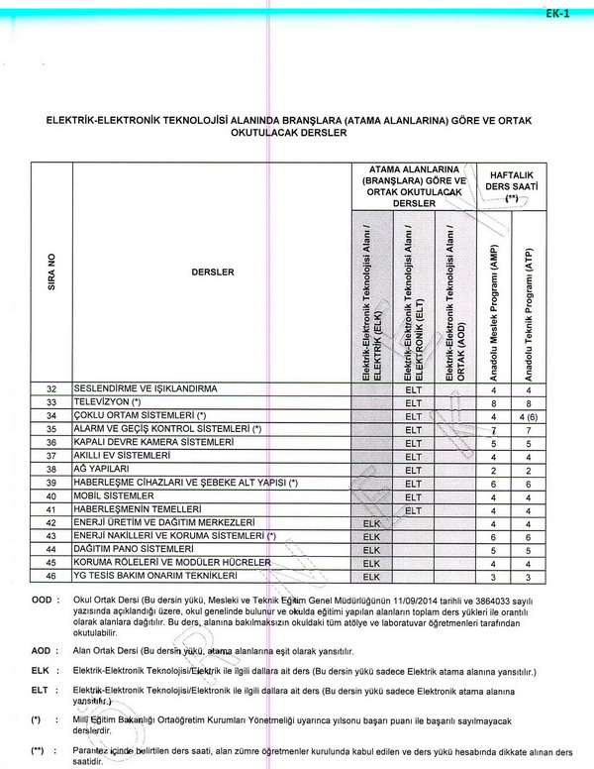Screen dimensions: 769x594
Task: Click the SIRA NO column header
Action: click(x=51, y=272)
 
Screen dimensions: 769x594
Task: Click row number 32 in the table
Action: click(x=51, y=388)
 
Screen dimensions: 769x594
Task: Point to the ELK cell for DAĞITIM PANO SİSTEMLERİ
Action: click(x=371, y=549)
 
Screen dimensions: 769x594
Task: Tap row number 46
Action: click(x=51, y=576)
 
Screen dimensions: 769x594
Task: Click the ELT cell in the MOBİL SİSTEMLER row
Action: click(x=413, y=495)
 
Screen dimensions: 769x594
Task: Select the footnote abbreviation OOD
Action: click(x=41, y=600)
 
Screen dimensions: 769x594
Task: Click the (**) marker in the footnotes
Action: click(x=39, y=749)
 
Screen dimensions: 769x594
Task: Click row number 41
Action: click(x=51, y=508)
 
